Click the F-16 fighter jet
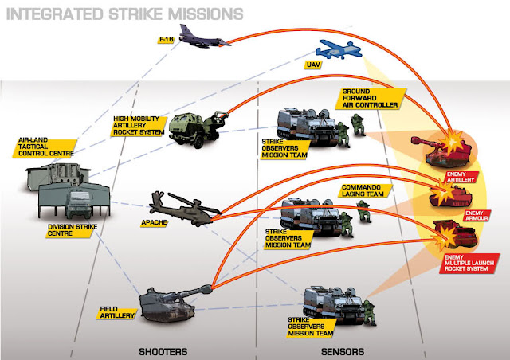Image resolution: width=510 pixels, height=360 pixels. [202, 38]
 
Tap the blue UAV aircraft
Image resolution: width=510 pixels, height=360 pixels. [338, 49]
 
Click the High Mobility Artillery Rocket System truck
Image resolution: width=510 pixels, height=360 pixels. [198, 129]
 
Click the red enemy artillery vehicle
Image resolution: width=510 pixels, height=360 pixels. [442, 149]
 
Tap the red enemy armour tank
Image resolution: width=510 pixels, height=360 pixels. [450, 196]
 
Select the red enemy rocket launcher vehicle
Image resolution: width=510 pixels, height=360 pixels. [455, 235]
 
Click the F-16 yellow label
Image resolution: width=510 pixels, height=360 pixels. [166, 40]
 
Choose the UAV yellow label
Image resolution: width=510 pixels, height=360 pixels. [313, 65]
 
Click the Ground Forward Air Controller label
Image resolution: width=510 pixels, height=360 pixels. [370, 98]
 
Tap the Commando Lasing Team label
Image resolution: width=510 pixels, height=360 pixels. [363, 190]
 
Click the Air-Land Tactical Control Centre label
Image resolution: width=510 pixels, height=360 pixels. [45, 147]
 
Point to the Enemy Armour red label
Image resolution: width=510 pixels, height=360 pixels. [477, 216]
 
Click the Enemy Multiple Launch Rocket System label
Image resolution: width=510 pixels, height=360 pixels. [469, 263]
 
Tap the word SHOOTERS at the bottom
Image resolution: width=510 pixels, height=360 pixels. [163, 351]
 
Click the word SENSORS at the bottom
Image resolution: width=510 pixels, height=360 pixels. [343, 351]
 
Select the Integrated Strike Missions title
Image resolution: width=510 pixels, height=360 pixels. [124, 14]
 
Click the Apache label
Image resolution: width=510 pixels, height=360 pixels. [154, 223]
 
